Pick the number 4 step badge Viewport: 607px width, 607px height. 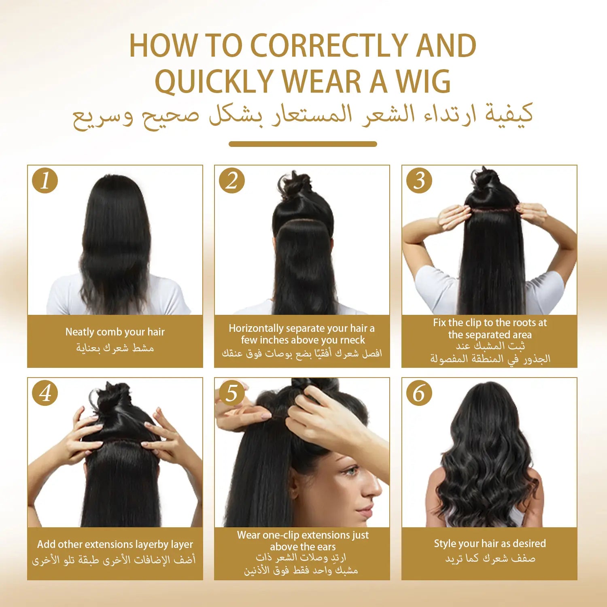pos(45,393)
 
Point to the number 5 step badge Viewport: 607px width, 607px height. pos(232,393)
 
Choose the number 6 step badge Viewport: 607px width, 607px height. pos(419,393)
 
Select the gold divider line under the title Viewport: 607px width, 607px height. pos(303,144)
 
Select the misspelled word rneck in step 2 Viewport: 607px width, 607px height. pos(352,340)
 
